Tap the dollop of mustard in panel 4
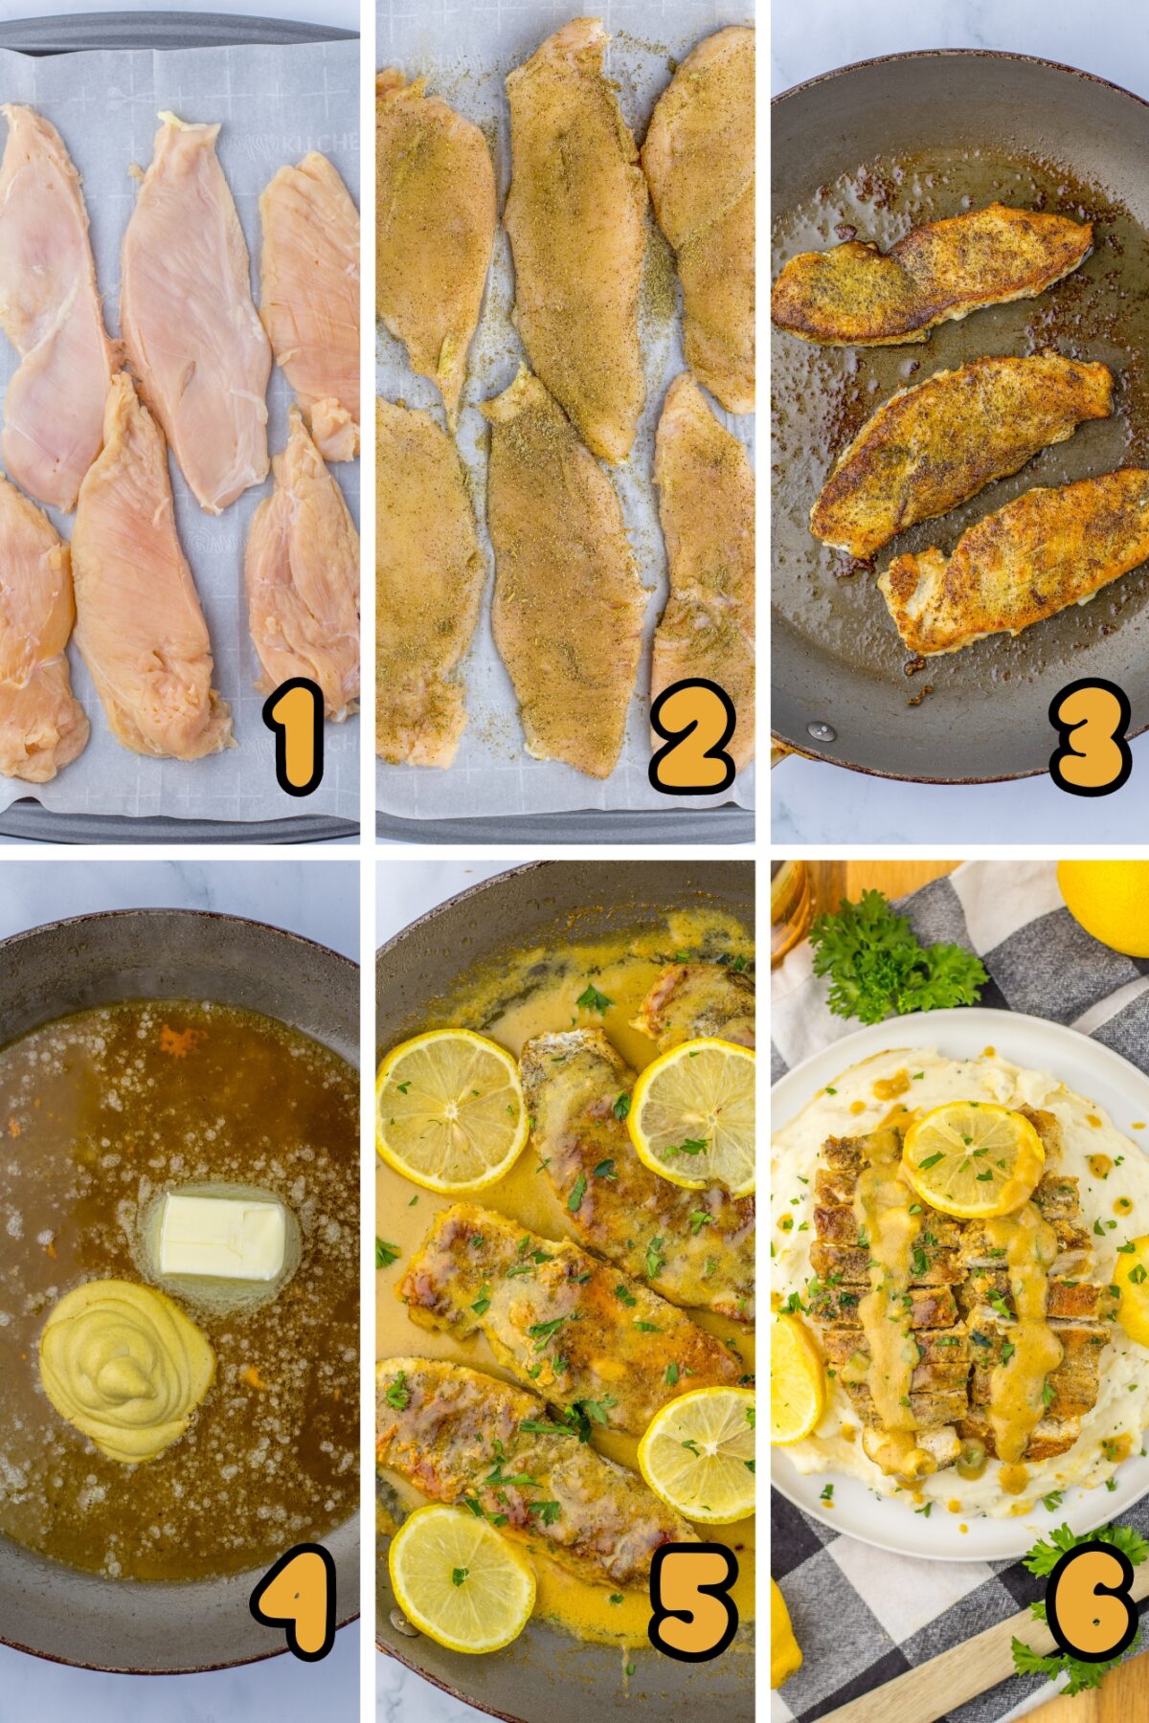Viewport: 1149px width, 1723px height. coord(126,1368)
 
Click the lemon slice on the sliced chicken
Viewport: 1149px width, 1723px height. coord(973,1158)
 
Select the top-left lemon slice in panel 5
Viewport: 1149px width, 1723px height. coord(451,1109)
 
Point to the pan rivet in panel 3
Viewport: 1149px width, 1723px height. coord(821,731)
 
